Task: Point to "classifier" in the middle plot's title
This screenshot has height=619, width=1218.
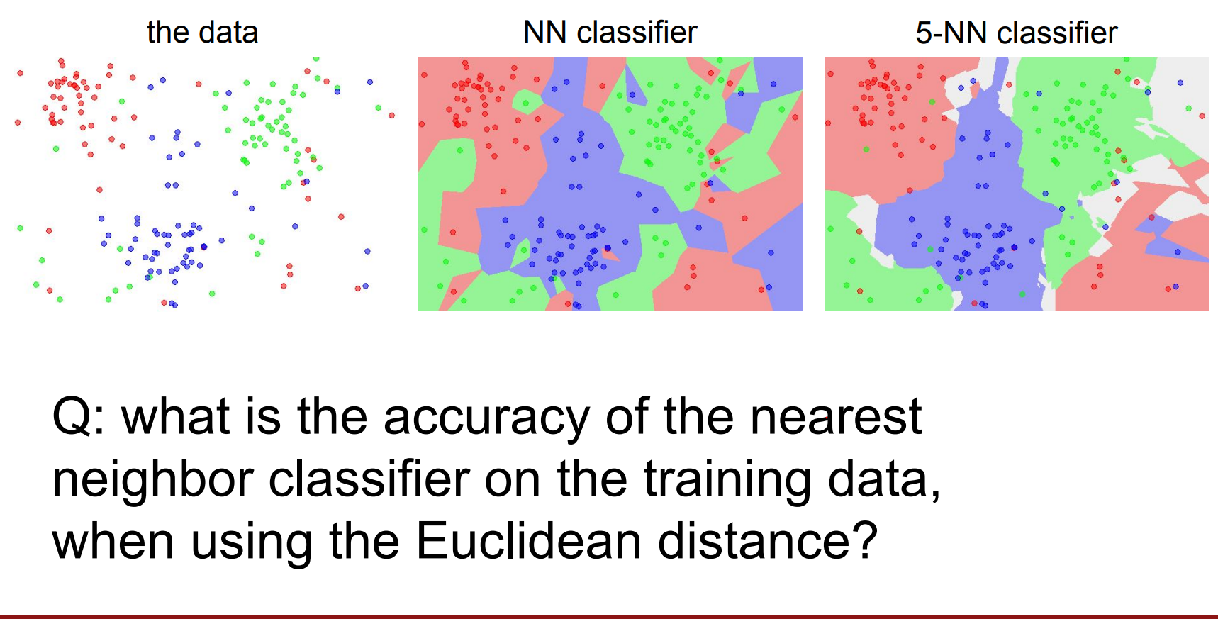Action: (x=637, y=33)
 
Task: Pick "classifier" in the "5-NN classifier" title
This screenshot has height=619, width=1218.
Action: (x=1057, y=33)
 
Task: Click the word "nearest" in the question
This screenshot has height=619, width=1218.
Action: (x=836, y=417)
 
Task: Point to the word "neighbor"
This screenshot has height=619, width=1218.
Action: (x=153, y=481)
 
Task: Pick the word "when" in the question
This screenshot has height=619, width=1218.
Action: (x=113, y=542)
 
